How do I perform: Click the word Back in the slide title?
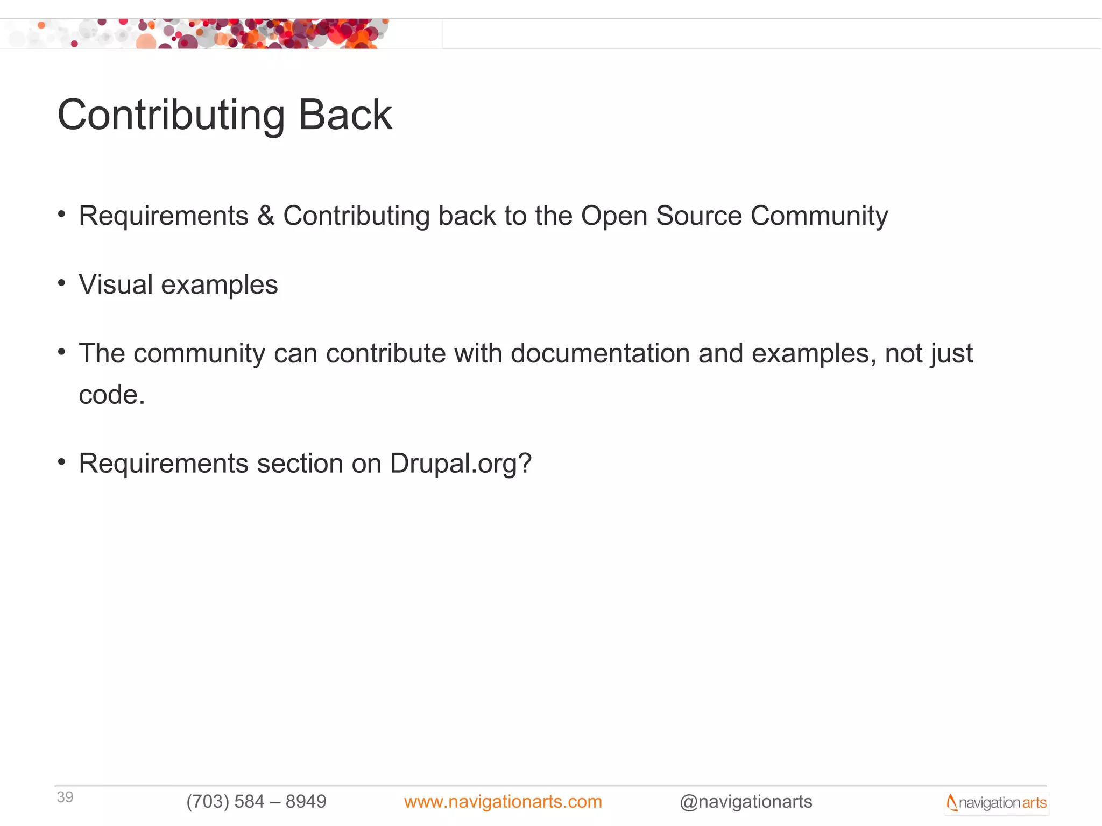pos(345,115)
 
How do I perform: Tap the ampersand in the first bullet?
pos(266,216)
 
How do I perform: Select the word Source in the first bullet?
pos(699,216)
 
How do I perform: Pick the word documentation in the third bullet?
pos(600,353)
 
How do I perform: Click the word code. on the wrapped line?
pos(112,395)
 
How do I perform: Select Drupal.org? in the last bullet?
pos(461,464)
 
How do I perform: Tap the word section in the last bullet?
pos(300,463)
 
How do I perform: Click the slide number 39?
pos(65,797)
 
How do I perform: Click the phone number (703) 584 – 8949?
pos(256,801)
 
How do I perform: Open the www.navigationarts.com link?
pos(503,801)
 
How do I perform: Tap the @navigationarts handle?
pos(746,801)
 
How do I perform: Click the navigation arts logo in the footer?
pos(997,802)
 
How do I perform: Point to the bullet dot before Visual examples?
pos(62,283)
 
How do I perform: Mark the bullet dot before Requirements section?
pos(62,462)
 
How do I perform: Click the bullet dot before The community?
pos(62,352)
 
